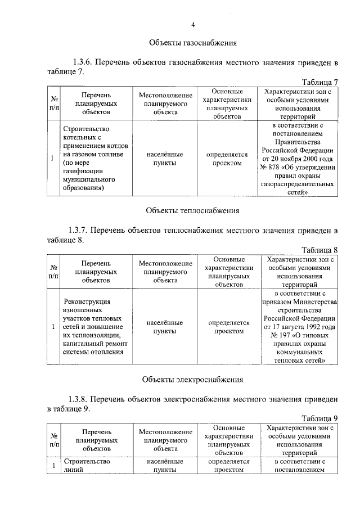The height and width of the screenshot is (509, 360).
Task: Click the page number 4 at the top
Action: (192, 25)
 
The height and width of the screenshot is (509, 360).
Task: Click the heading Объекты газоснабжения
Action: (192, 43)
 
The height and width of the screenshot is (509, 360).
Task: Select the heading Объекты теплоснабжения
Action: (192, 211)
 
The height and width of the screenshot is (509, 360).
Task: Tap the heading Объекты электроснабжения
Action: (192, 380)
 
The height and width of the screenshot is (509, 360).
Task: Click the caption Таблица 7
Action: (319, 83)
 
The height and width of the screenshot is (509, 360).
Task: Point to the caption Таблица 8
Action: (319, 250)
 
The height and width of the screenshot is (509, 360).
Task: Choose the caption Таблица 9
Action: (319, 418)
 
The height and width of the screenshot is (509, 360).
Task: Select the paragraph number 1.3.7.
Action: (83, 230)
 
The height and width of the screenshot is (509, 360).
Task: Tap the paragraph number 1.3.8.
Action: (83, 398)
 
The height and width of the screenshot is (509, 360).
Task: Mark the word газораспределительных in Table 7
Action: (299, 184)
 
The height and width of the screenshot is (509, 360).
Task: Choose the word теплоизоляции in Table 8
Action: (89, 336)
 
